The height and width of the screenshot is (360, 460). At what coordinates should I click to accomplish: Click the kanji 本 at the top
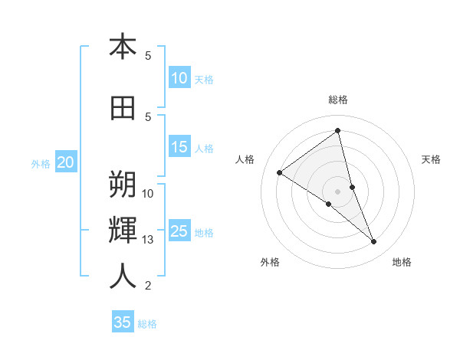click(123, 47)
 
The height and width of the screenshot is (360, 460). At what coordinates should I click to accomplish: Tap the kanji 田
click(123, 108)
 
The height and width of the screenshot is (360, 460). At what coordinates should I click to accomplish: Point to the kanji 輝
click(123, 231)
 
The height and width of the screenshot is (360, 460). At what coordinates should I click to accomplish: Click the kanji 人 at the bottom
click(123, 277)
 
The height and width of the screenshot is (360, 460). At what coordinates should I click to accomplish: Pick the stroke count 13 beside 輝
click(148, 240)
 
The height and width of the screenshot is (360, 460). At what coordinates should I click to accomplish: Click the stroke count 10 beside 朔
click(148, 193)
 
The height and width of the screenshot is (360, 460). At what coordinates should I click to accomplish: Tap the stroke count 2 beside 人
click(148, 286)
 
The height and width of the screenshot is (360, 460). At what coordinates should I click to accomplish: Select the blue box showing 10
click(179, 78)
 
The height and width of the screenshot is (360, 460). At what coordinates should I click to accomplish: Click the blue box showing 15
click(179, 147)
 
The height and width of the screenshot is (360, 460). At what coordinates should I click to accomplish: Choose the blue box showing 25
click(179, 231)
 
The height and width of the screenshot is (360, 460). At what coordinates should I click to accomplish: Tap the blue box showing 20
click(66, 162)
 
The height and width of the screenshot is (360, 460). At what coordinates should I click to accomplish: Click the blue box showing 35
click(123, 322)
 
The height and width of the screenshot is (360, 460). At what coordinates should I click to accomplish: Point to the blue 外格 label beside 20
click(41, 163)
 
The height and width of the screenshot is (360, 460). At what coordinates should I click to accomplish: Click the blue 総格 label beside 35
click(147, 324)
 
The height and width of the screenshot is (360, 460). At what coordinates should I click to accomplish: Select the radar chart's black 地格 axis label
click(402, 262)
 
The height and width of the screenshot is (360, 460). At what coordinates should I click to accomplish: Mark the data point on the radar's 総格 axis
click(337, 129)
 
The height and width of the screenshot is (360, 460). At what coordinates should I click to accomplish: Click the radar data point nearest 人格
click(279, 173)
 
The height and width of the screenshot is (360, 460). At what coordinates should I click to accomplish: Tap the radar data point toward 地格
click(374, 242)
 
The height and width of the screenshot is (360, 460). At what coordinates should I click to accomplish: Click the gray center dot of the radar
click(337, 191)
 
